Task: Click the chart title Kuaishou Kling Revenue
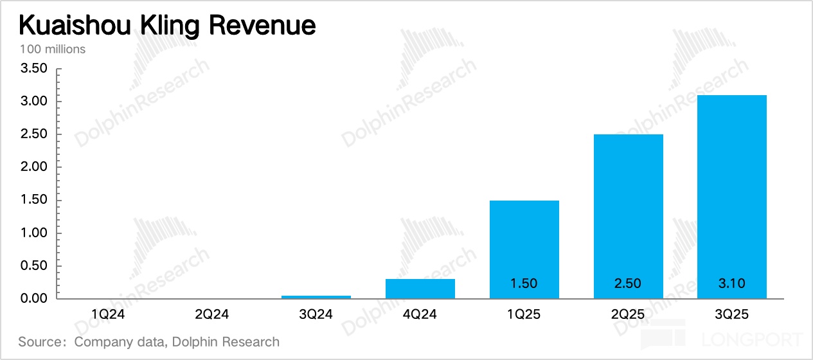click(x=166, y=26)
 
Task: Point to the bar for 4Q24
click(x=420, y=289)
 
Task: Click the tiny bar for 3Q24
click(x=316, y=296)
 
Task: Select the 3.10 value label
click(x=731, y=283)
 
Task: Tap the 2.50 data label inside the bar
click(x=628, y=283)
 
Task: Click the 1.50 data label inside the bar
click(x=524, y=283)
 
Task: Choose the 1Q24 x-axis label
click(x=108, y=314)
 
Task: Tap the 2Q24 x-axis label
click(x=212, y=314)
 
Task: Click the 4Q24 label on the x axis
click(x=420, y=314)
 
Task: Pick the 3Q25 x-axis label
click(x=731, y=314)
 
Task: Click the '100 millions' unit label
click(x=52, y=49)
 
